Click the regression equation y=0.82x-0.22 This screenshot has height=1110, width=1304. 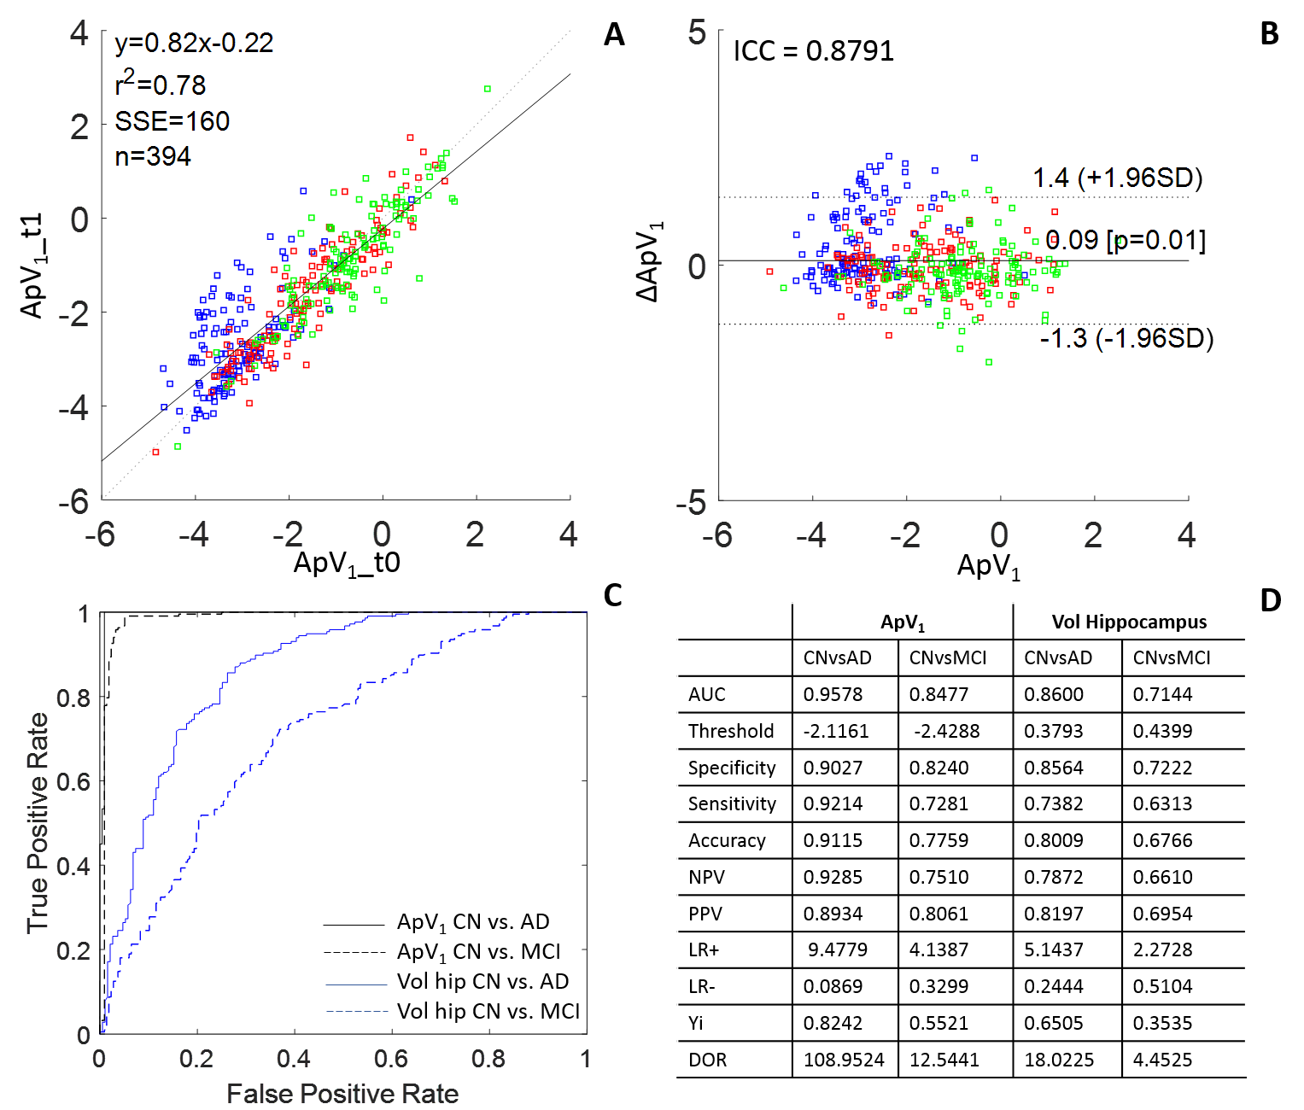194,43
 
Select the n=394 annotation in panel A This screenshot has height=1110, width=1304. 153,156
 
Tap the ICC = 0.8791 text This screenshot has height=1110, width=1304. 813,51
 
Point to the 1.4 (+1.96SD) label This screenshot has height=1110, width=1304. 1117,178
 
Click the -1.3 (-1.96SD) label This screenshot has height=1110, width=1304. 1126,338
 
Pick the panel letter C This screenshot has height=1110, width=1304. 612,595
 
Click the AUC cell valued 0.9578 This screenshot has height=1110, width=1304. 833,694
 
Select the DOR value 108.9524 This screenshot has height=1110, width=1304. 844,1060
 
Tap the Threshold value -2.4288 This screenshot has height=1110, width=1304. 946,731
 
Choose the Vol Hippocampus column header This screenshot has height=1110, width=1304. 1129,622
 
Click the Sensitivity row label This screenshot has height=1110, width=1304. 732,803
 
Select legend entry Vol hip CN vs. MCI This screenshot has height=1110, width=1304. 488,1011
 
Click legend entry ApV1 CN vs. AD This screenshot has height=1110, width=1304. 472,922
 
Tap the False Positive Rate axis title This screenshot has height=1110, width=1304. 342,1094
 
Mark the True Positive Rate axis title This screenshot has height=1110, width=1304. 37,823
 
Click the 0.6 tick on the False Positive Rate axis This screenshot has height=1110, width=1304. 391,1060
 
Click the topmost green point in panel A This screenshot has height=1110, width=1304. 488,89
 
